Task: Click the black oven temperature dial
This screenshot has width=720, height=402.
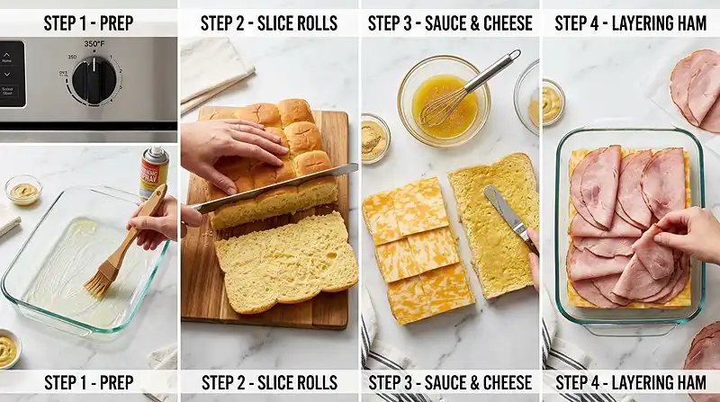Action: pyautogui.click(x=94, y=79)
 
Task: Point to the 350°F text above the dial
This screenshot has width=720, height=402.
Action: pyautogui.click(x=95, y=44)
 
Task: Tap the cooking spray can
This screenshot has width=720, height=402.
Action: pyautogui.click(x=154, y=174)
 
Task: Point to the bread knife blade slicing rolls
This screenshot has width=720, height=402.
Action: pyautogui.click(x=270, y=188)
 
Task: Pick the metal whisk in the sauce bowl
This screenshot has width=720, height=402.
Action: pyautogui.click(x=463, y=90)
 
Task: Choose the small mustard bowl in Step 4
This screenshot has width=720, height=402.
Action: pyautogui.click(x=550, y=103)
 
